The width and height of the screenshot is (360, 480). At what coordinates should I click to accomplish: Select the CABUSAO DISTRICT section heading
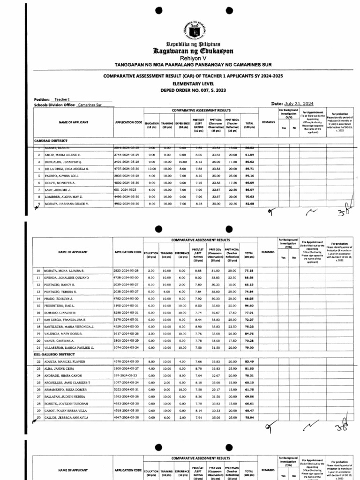51,140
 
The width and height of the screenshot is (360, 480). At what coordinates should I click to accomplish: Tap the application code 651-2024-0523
126,190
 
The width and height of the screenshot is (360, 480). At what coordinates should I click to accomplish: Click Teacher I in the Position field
62,99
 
